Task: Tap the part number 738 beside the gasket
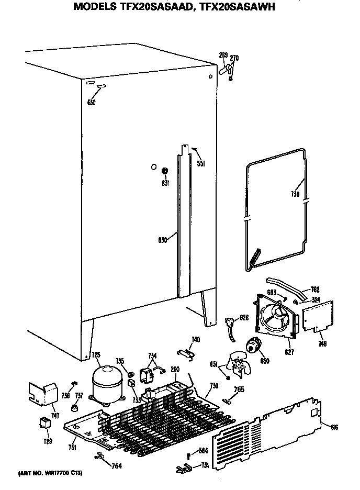click(x=295, y=194)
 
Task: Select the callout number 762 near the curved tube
click(x=315, y=289)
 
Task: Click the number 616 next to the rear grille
click(x=334, y=427)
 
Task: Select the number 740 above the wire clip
click(x=195, y=340)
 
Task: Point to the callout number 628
click(x=244, y=317)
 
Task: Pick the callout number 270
click(x=234, y=58)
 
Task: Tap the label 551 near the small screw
click(x=200, y=163)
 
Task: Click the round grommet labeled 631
click(x=164, y=171)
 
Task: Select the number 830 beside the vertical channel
click(x=162, y=240)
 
